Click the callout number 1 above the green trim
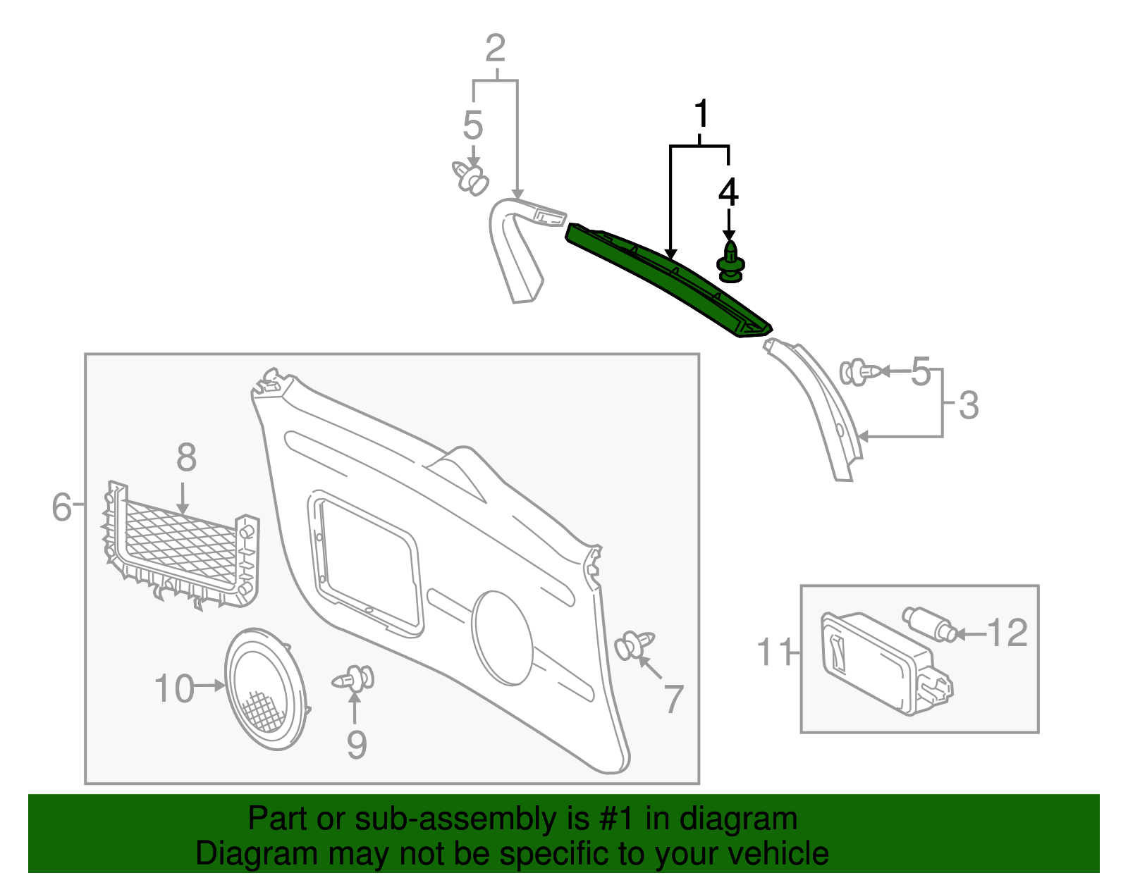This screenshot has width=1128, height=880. (701, 114)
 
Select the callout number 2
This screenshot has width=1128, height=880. (496, 48)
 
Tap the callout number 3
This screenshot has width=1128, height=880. (969, 405)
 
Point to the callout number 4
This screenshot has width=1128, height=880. (728, 192)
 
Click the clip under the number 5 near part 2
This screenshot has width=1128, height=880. (470, 178)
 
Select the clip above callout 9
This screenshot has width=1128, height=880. (354, 679)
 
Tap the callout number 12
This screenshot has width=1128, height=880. (1007, 633)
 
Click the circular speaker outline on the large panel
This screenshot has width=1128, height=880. (503, 638)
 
